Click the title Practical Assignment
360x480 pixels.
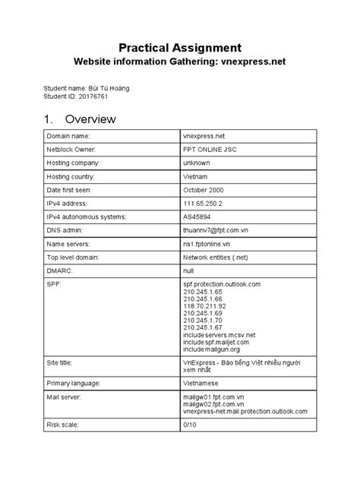[179, 46]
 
